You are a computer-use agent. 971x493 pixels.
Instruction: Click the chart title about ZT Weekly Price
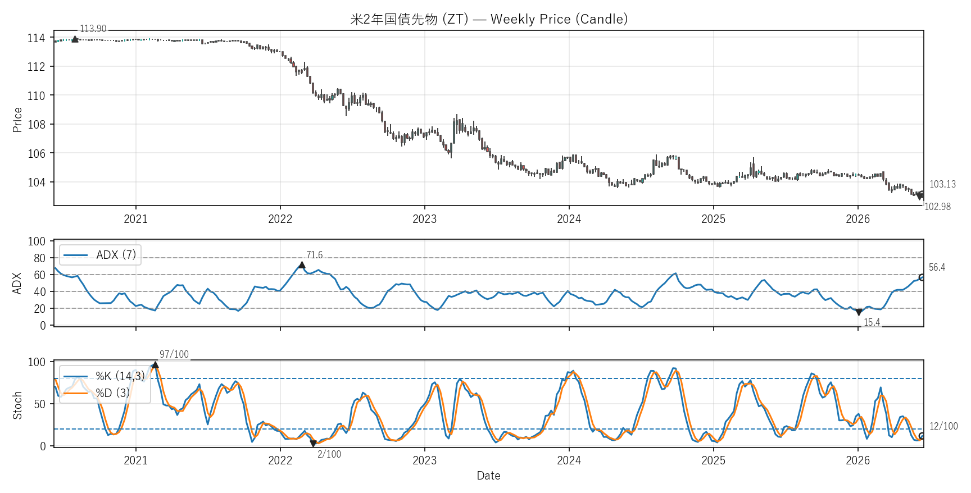489,19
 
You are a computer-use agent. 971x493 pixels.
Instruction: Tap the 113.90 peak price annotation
93,29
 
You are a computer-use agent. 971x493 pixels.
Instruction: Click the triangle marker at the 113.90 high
75,39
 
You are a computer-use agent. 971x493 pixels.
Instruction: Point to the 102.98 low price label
937,207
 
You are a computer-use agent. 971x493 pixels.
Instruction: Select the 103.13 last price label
942,184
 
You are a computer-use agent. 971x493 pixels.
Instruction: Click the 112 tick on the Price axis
37,67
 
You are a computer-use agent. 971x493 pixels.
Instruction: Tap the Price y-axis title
17,120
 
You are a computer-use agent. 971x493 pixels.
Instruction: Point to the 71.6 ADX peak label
314,255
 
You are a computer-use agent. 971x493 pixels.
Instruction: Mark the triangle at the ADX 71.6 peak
302,265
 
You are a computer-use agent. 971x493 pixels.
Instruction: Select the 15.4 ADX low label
872,322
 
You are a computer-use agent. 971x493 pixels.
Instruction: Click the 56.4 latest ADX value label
937,267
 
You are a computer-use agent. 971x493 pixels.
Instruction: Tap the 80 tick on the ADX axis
39,258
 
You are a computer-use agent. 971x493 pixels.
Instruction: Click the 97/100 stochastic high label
174,354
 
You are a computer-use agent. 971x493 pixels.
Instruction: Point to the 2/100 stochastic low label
329,454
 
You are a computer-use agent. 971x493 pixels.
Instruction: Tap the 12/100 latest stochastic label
943,426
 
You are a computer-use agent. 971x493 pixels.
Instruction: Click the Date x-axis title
488,476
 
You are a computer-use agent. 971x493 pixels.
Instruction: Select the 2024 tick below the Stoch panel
569,460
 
